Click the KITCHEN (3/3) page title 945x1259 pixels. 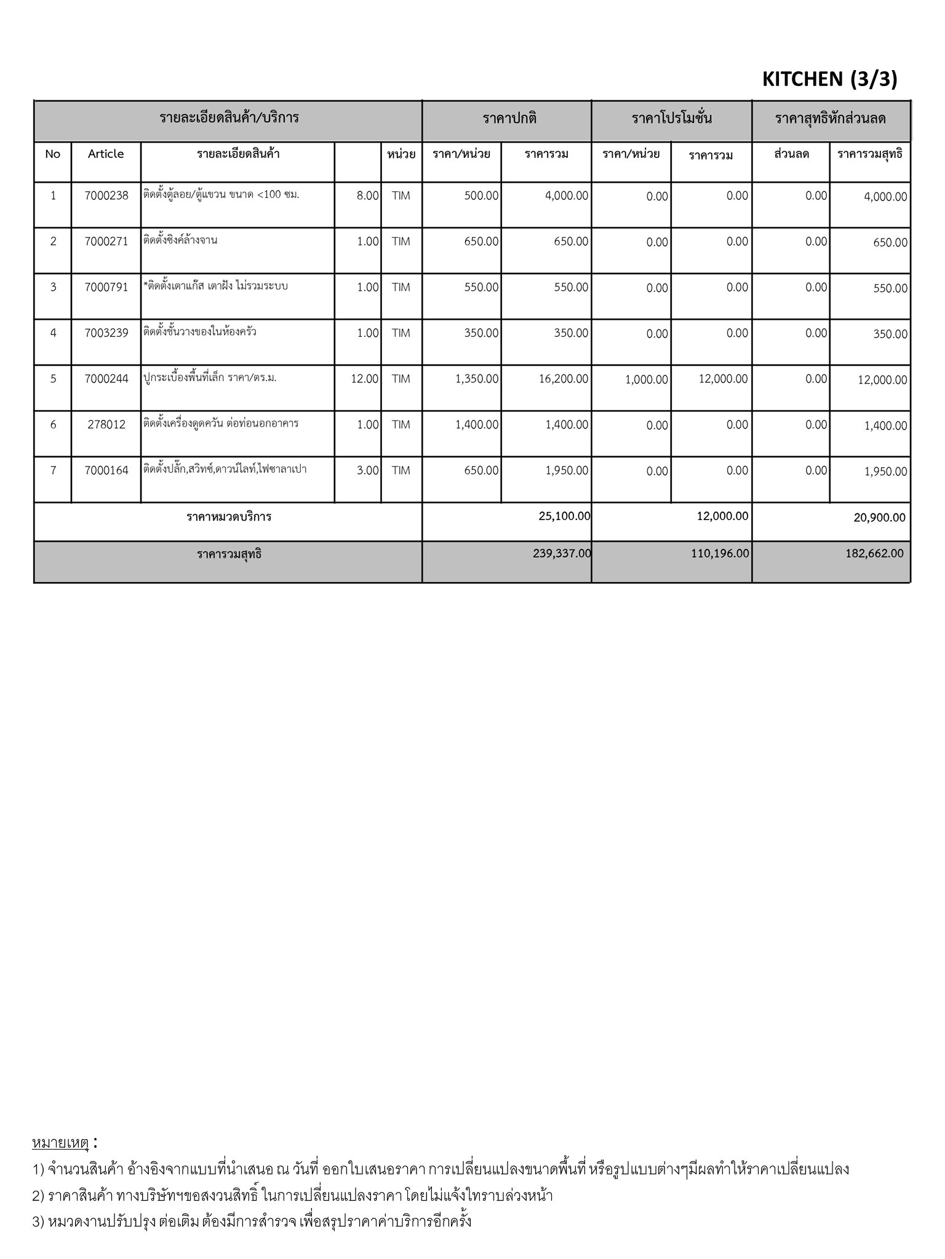click(x=829, y=79)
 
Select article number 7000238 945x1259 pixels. click(x=106, y=196)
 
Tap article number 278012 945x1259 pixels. click(x=106, y=425)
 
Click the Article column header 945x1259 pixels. click(x=106, y=154)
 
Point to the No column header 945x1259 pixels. click(x=53, y=154)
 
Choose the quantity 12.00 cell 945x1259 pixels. click(x=364, y=379)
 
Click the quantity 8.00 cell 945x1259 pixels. click(x=367, y=196)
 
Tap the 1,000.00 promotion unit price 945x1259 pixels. click(x=646, y=380)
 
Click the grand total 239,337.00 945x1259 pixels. click(x=562, y=554)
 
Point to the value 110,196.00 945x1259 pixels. click(x=719, y=554)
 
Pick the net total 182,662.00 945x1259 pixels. click(x=874, y=554)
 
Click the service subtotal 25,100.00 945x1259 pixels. click(x=564, y=516)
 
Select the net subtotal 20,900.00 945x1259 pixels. click(x=879, y=518)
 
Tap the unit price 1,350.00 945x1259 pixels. click(x=477, y=379)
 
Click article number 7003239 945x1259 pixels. click(x=106, y=333)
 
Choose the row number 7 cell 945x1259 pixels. click(x=53, y=471)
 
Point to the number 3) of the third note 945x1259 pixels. click(x=38, y=1221)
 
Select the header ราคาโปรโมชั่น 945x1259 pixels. click(x=671, y=119)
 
